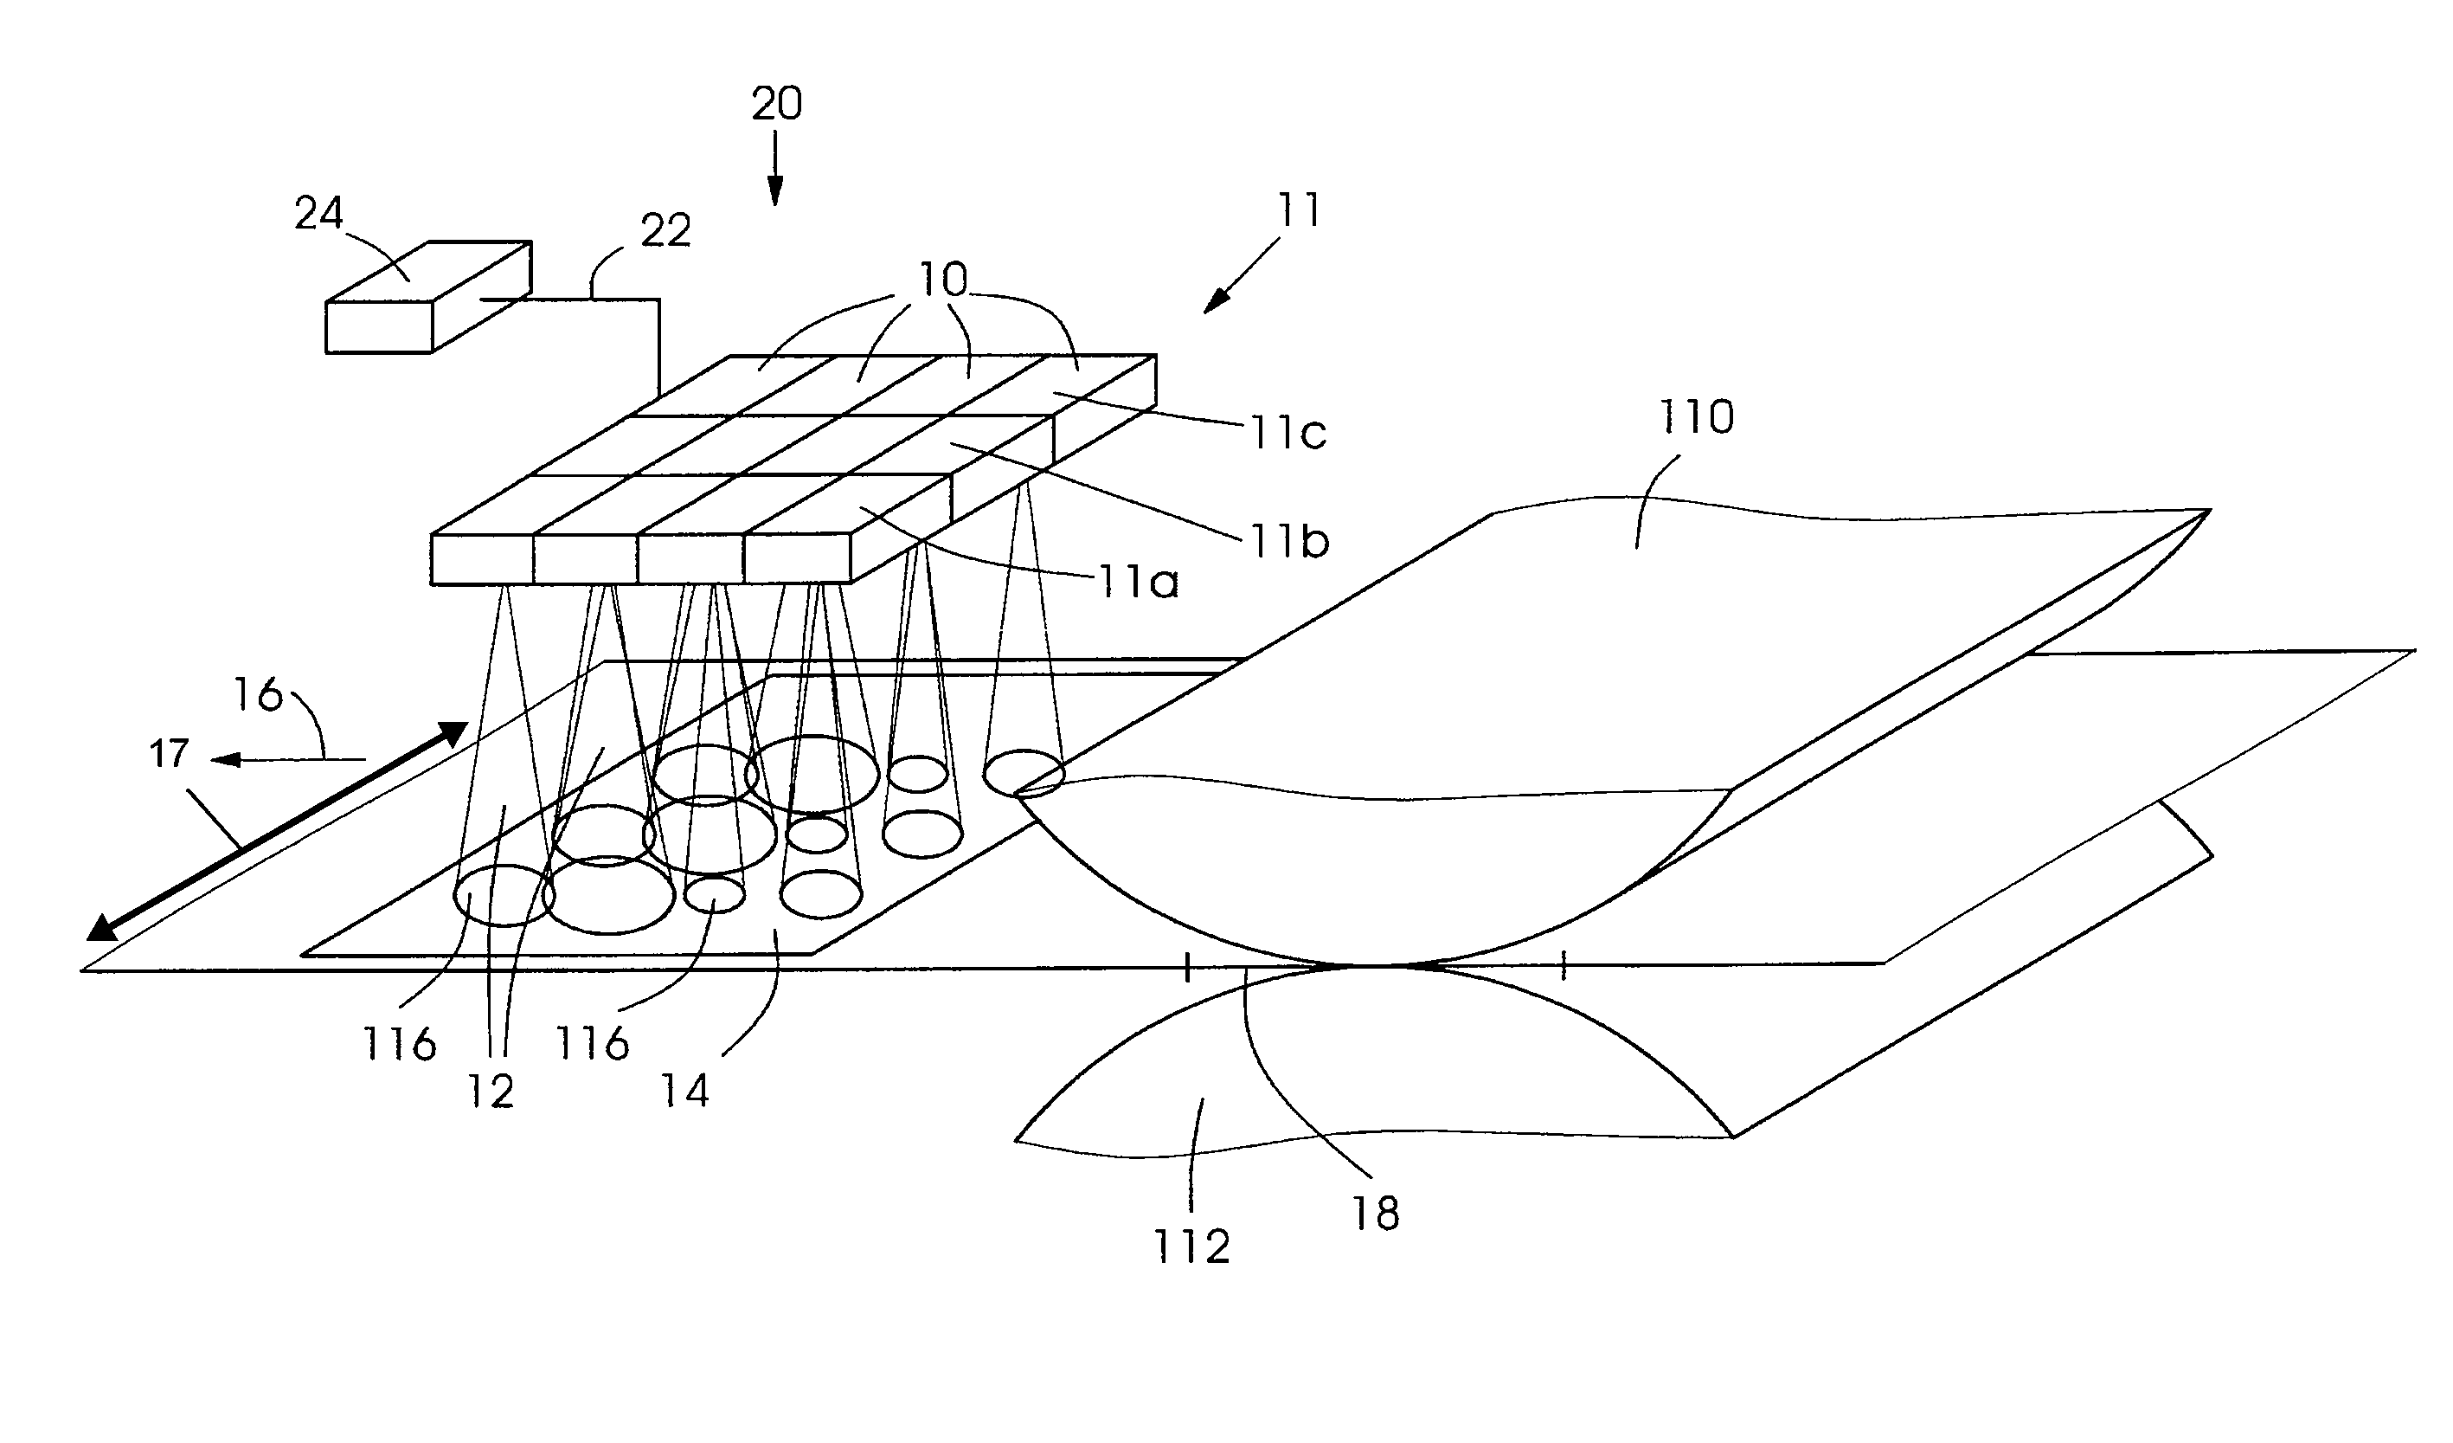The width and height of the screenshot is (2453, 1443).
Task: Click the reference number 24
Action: (x=319, y=213)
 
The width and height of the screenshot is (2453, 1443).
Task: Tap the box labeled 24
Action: (x=428, y=296)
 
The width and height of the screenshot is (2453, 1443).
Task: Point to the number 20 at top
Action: (x=777, y=103)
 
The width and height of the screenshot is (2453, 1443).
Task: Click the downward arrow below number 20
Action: (x=776, y=170)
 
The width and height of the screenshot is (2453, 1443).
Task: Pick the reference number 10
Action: (x=943, y=280)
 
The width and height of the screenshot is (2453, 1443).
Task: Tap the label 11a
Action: (x=1138, y=583)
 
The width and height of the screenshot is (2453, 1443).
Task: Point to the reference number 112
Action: (x=1191, y=1247)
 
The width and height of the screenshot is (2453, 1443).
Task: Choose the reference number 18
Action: (x=1376, y=1214)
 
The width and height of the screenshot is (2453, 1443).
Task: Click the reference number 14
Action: (x=685, y=1091)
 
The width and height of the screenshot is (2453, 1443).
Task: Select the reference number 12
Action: (x=491, y=1092)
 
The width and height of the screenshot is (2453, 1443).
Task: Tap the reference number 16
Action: (x=258, y=695)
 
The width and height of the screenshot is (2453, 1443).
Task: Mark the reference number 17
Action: (x=169, y=754)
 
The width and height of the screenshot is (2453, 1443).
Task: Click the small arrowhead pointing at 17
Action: (x=226, y=759)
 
